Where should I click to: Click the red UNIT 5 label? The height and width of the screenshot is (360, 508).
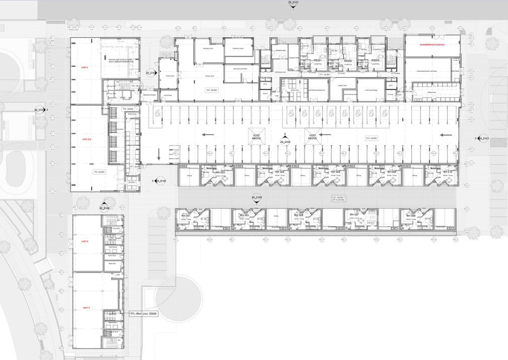[86, 308]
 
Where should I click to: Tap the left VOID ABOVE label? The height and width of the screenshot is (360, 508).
[255, 137]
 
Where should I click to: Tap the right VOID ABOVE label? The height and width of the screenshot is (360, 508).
[312, 137]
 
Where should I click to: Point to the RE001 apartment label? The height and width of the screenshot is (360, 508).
[316, 61]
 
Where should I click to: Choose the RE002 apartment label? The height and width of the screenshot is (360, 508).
[348, 61]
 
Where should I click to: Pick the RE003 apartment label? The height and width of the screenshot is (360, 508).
[376, 61]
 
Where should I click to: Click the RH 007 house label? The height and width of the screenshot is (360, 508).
[355, 215]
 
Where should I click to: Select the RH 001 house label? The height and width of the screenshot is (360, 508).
[187, 215]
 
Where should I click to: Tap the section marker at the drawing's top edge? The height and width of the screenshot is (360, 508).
[293, 3]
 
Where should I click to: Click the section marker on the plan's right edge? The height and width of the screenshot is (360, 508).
[480, 139]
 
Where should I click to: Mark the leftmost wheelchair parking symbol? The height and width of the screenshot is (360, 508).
[157, 112]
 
